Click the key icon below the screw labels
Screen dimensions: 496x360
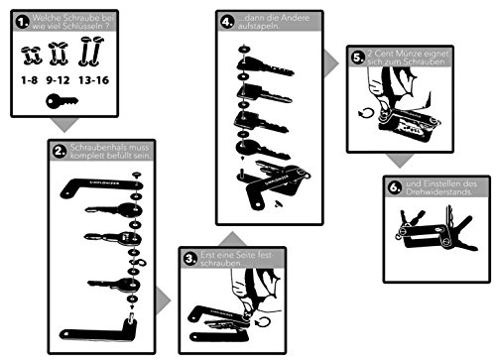click(64, 102)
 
